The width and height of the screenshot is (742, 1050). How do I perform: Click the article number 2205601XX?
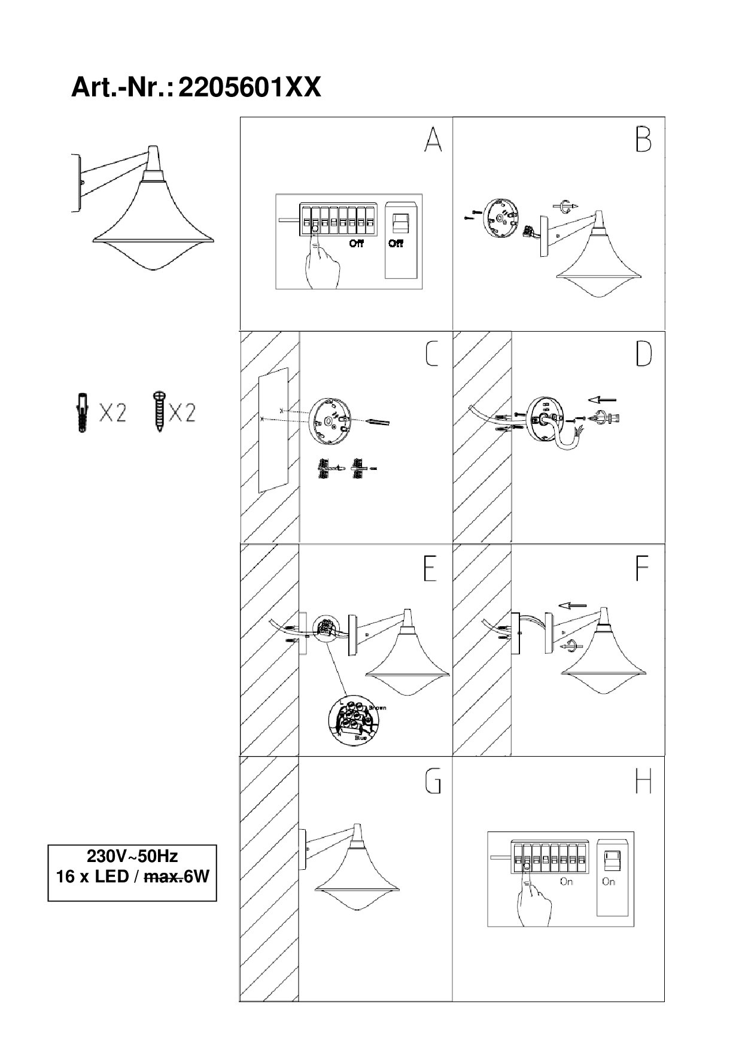pos(250,88)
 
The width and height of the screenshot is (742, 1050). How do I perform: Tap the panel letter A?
pos(433,140)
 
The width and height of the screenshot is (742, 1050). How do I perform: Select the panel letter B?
pos(643,140)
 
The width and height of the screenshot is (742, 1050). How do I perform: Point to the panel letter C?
pos(431,354)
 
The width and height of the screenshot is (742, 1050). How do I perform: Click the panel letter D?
pos(643,354)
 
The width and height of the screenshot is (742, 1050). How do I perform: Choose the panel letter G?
pos(432,781)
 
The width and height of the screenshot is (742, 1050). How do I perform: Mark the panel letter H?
pos(643,781)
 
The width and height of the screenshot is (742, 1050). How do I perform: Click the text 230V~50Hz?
pos(132,855)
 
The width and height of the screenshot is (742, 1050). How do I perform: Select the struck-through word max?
pos(163,878)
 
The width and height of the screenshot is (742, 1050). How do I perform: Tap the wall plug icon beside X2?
pos(81,412)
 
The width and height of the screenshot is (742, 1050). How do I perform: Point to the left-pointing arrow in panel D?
pos(601,399)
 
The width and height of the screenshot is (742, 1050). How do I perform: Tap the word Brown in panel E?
pos(377,708)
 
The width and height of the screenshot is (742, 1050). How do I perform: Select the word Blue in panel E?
pos(361,739)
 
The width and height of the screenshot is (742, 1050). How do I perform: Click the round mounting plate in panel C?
pos(330,421)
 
